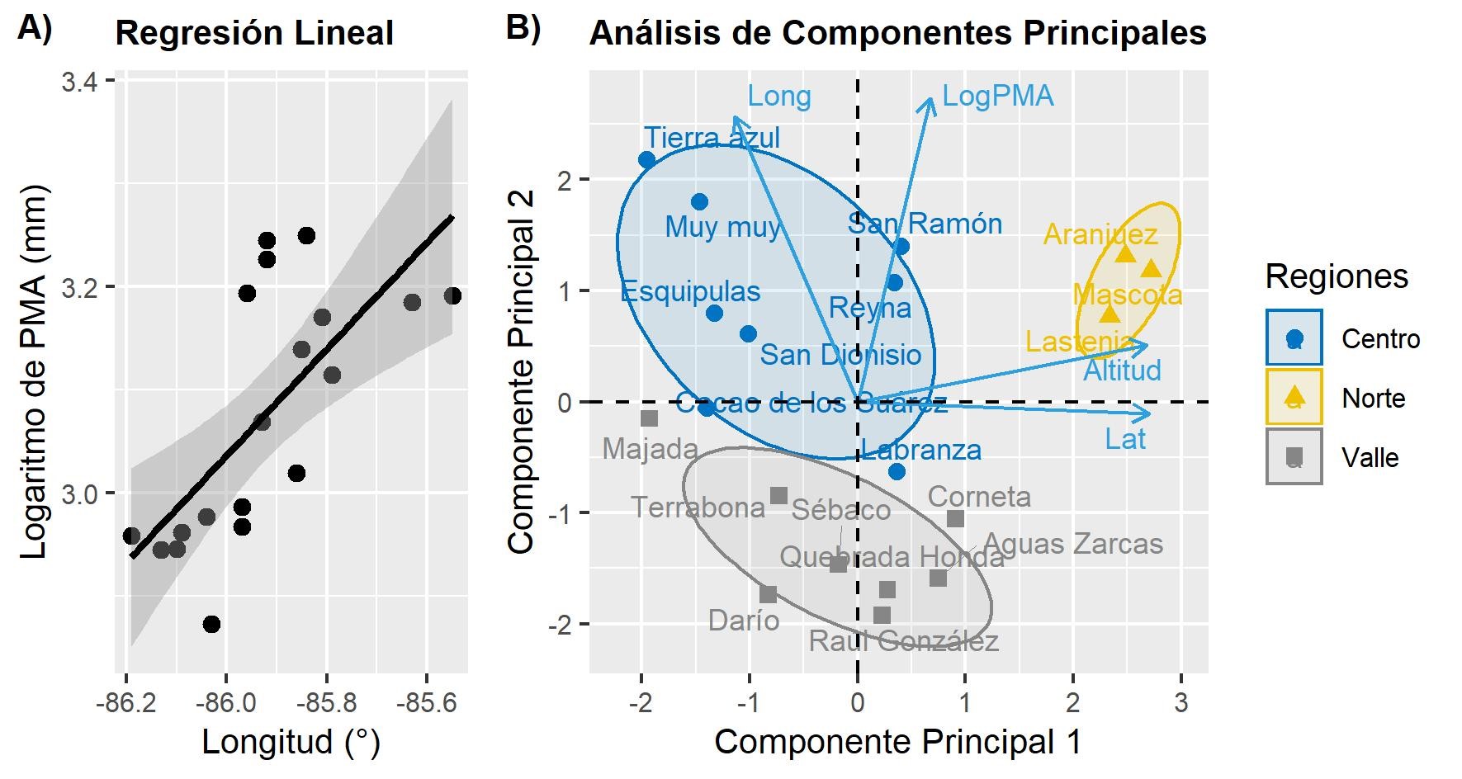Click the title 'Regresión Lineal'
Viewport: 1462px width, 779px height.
(254, 34)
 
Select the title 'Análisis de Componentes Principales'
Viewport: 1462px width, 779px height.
(897, 34)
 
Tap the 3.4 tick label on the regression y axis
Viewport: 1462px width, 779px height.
(79, 82)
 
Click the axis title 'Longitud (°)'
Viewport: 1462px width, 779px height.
(291, 742)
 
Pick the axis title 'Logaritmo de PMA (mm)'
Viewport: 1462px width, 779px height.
(35, 371)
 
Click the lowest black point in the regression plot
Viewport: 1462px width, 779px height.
(211, 624)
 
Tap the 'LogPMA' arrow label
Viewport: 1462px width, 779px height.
(997, 97)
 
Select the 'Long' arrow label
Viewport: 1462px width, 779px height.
(778, 97)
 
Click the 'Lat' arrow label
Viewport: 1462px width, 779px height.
(1124, 439)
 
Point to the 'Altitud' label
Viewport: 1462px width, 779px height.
(1122, 371)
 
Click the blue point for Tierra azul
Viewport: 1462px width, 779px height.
(647, 159)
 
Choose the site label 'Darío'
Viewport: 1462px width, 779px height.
(744, 621)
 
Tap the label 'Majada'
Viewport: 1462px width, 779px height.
(650, 450)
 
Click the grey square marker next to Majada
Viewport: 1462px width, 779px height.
(650, 418)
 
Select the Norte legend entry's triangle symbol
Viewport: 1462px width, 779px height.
(1294, 397)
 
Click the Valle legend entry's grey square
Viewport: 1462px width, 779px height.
(1294, 456)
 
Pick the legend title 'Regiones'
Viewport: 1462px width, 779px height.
(1337, 276)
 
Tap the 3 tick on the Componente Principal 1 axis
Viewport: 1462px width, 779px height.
(1180, 703)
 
